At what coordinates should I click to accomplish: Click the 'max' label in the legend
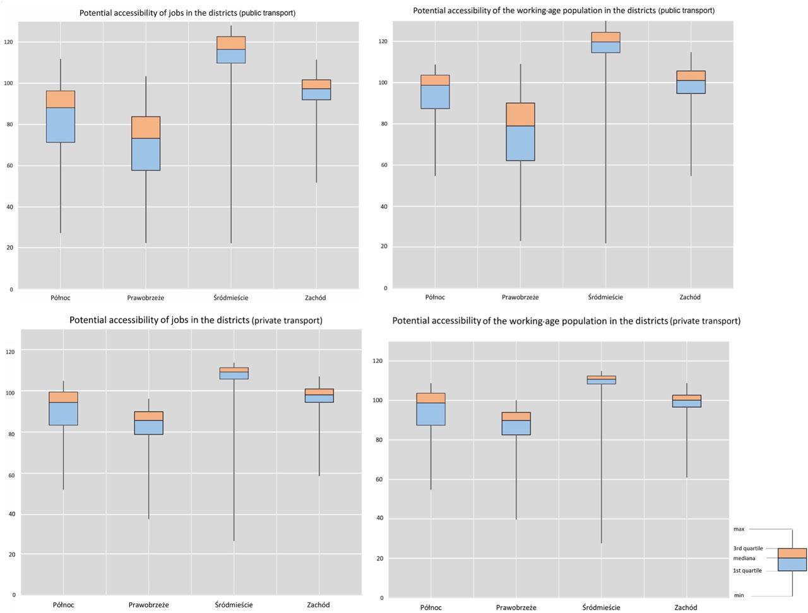click(739, 529)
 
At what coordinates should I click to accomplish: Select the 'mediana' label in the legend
click(744, 558)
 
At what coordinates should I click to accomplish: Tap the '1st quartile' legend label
click(747, 571)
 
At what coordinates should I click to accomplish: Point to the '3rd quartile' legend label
click(747, 549)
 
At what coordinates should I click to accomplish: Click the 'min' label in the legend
click(739, 595)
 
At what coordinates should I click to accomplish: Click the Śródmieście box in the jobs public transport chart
click(231, 50)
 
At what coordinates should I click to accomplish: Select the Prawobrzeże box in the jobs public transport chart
click(146, 143)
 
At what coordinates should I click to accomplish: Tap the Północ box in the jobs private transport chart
click(63, 408)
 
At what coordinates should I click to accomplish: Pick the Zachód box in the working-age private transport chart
click(686, 401)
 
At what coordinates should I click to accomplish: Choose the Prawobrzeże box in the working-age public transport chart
click(521, 132)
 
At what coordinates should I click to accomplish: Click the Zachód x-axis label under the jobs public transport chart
click(316, 298)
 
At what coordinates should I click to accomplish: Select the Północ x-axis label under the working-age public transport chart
click(435, 297)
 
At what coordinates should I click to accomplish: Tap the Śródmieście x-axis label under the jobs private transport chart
click(234, 605)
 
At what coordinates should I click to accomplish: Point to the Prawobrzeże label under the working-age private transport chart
click(516, 607)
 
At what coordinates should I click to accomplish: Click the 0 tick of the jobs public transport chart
click(11, 290)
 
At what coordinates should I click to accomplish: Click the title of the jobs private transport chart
click(196, 321)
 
